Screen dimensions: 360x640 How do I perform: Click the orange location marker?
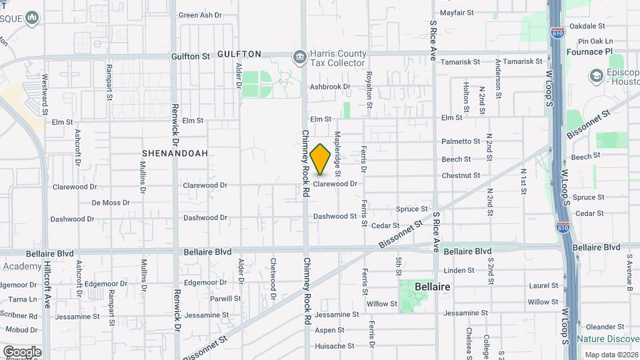pyautogui.click(x=320, y=159)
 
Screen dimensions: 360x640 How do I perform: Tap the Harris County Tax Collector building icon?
pyautogui.click(x=300, y=56)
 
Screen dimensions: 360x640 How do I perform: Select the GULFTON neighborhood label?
pyautogui.click(x=239, y=54)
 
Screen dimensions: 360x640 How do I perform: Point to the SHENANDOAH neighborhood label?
pyautogui.click(x=175, y=153)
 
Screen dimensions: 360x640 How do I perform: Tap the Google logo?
pyautogui.click(x=22, y=351)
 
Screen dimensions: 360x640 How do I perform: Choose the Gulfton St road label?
pyautogui.click(x=190, y=57)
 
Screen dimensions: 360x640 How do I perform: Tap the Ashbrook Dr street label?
pyautogui.click(x=330, y=87)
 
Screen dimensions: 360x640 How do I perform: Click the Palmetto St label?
pyautogui.click(x=461, y=141)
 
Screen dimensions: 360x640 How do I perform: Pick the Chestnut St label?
pyautogui.click(x=461, y=175)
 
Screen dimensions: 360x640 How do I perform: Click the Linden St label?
pyautogui.click(x=458, y=270)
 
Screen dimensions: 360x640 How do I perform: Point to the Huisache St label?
pyautogui.click(x=335, y=346)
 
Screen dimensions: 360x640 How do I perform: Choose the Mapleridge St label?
pyautogui.click(x=338, y=149)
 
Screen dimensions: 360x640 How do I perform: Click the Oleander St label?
pyautogui.click(x=604, y=327)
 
